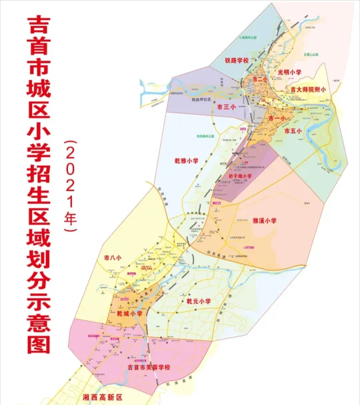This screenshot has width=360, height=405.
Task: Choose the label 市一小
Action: point(276,117)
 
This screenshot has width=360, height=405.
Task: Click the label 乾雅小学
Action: point(187,161)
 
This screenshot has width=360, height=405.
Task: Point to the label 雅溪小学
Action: point(265,219)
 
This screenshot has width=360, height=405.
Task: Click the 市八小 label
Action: point(114,256)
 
